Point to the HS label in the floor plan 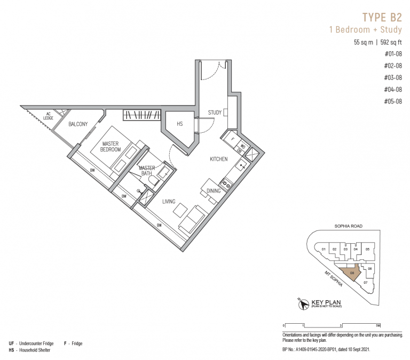click(179, 124)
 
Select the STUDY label click(215, 113)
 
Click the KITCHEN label click(218, 159)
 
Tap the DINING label click(214, 190)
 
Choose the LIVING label click(170, 202)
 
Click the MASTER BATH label click(147, 171)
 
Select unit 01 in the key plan click(323, 249)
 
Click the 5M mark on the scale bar click(377, 325)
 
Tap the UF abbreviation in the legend click(11, 343)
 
